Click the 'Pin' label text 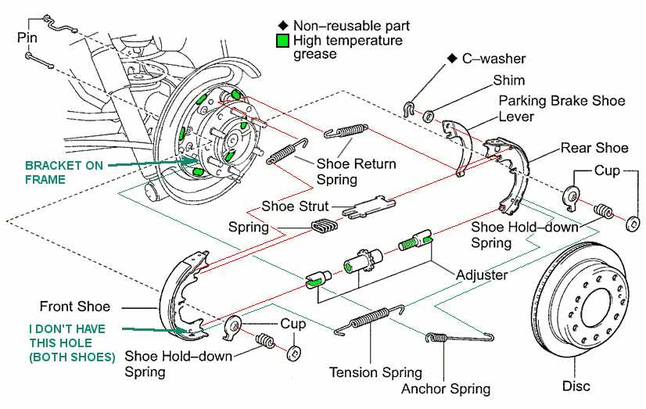(x=28, y=37)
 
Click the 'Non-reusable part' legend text (x=351, y=26)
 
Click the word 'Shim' (x=508, y=81)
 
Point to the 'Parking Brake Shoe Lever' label (x=562, y=109)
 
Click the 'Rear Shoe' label (x=594, y=148)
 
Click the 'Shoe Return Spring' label (x=356, y=171)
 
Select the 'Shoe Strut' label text (x=294, y=207)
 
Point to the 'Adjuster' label (x=483, y=275)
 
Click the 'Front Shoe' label (x=75, y=307)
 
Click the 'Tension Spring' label (x=375, y=372)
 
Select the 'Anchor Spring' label (x=446, y=388)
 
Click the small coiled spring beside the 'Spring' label (x=323, y=227)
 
